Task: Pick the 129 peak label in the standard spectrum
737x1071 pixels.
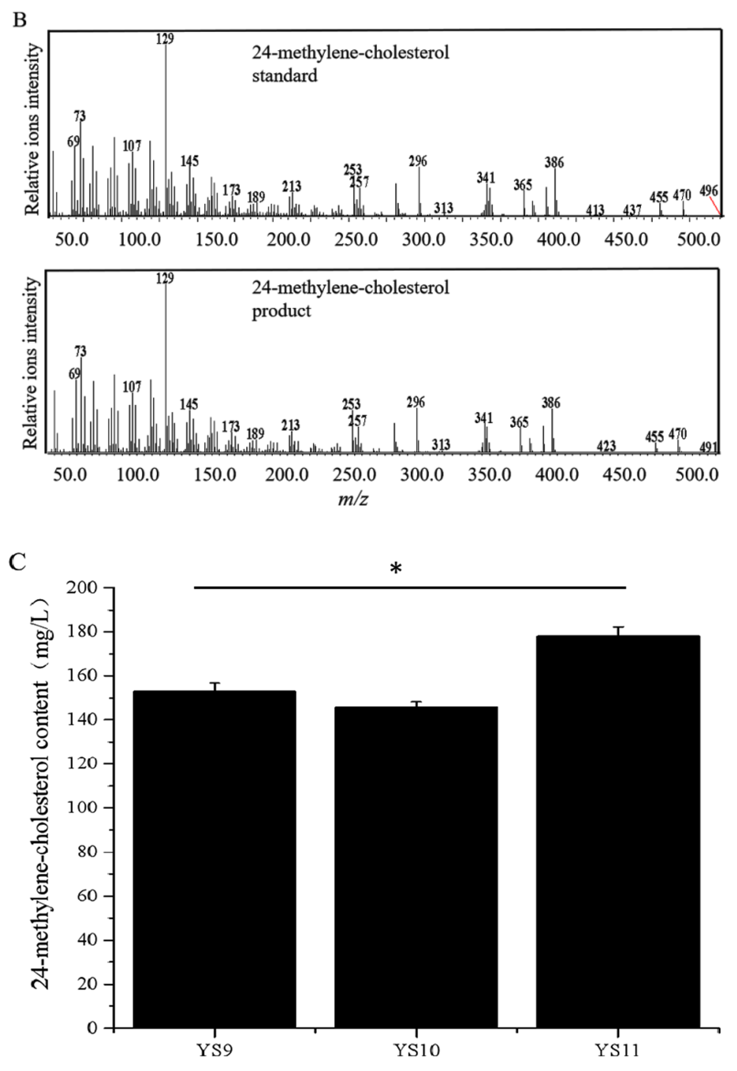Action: pyautogui.click(x=165, y=39)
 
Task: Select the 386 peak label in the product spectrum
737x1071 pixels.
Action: pyautogui.click(x=551, y=403)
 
